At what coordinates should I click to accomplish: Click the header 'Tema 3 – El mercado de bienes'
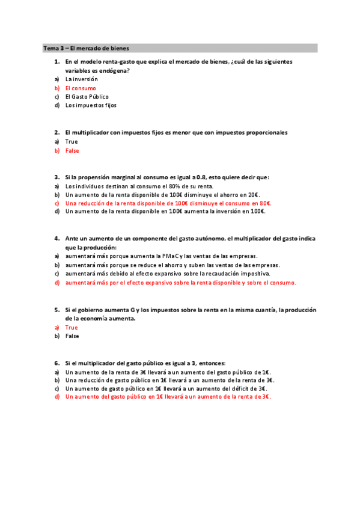[x=86, y=48]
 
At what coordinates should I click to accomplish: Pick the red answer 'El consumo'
[x=81, y=88]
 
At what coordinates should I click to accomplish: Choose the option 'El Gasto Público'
[x=87, y=96]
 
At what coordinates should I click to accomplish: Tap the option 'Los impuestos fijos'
[x=91, y=105]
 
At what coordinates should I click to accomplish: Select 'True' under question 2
[x=72, y=141]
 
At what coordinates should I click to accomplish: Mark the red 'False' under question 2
[x=72, y=150]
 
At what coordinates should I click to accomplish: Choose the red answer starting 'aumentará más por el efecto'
[x=180, y=283]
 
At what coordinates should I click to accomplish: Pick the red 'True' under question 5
[x=72, y=327]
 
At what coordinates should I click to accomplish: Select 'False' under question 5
[x=72, y=336]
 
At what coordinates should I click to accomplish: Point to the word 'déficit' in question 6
[x=237, y=389]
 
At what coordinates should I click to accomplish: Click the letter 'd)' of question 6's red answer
[x=57, y=397]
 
